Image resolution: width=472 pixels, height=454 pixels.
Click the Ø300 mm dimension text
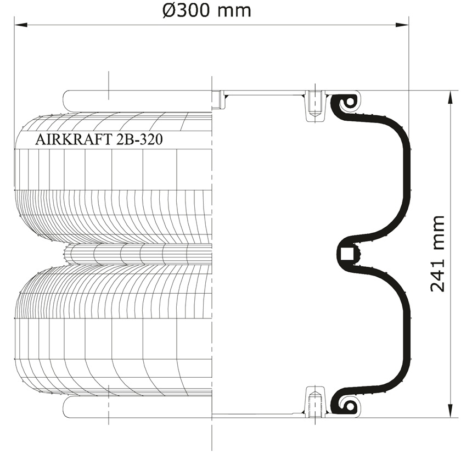coord(206,11)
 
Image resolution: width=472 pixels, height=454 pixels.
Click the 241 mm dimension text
coord(437,254)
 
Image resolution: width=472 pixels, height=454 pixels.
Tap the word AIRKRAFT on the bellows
coord(73,139)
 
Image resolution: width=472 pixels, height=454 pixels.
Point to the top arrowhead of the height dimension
coord(451,97)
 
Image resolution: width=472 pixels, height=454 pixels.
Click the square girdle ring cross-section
coord(346,254)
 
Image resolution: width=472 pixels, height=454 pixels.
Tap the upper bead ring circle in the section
coord(349,102)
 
